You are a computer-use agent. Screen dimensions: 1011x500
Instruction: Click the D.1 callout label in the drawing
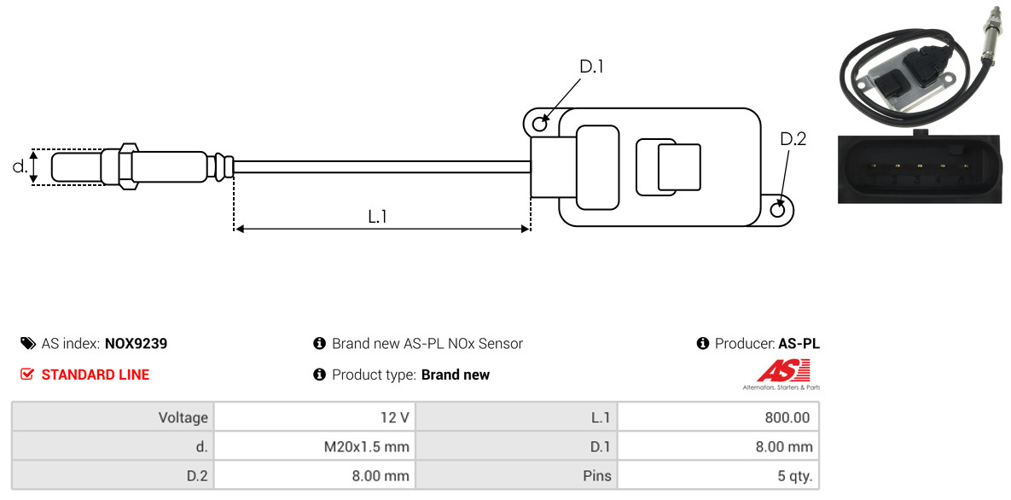[591, 67]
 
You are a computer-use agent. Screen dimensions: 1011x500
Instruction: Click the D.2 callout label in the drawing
[793, 139]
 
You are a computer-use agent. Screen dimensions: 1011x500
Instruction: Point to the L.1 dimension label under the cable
[377, 218]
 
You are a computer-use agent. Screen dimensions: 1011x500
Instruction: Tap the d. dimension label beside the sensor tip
[20, 166]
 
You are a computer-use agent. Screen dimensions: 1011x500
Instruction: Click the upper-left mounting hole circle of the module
[541, 120]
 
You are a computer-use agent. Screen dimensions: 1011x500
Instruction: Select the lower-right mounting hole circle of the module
[778, 209]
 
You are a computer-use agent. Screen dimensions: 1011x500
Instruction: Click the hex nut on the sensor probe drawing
[127, 166]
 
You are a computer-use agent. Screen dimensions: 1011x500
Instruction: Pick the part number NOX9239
[136, 344]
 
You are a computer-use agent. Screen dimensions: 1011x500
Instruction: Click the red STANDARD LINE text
[96, 375]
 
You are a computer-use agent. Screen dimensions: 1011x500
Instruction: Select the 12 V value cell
[315, 417]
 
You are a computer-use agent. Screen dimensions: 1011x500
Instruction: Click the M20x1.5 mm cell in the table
[315, 446]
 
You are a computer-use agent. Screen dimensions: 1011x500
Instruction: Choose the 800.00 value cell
[718, 417]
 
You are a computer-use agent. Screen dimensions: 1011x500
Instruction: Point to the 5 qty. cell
[718, 476]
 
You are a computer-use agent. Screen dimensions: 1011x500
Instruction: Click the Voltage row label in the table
[183, 418]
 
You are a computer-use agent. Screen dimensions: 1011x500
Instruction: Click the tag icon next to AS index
[27, 343]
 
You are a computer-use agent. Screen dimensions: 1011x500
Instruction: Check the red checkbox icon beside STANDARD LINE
[26, 375]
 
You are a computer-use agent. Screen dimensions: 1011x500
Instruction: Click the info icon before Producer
[703, 343]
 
